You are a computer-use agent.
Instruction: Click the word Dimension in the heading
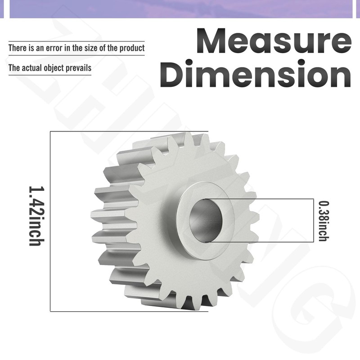pyautogui.click(x=255, y=73)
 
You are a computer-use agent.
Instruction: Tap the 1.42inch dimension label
pyautogui.click(x=36, y=216)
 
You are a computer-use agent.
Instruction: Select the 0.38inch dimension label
pyautogui.click(x=324, y=221)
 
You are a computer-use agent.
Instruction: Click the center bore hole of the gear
pyautogui.click(x=206, y=220)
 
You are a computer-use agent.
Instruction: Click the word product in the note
pyautogui.click(x=132, y=48)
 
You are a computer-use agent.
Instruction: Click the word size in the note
pyautogui.click(x=91, y=48)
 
